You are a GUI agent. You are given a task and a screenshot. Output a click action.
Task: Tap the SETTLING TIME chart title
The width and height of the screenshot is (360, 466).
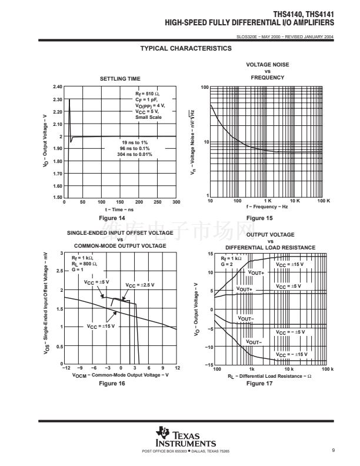tap(120, 79)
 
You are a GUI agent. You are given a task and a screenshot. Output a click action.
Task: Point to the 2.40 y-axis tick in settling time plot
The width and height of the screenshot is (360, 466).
tap(58, 87)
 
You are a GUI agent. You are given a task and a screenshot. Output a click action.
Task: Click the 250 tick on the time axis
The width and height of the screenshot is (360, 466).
tap(158, 202)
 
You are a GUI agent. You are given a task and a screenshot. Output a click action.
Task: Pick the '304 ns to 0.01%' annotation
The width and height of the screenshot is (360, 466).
tap(134, 154)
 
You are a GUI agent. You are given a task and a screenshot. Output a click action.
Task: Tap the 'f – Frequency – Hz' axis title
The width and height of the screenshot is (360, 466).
tap(268, 207)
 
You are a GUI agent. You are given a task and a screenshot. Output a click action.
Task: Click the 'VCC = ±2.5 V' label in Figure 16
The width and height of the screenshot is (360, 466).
tap(140, 285)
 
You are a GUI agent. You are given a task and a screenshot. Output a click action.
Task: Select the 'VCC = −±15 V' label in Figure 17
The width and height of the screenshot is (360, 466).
tap(292, 354)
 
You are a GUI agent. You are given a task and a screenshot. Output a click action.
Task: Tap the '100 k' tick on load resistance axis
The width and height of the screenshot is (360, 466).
tap(326, 368)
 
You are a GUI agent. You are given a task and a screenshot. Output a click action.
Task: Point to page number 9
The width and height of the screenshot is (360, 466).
tap(333, 451)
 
